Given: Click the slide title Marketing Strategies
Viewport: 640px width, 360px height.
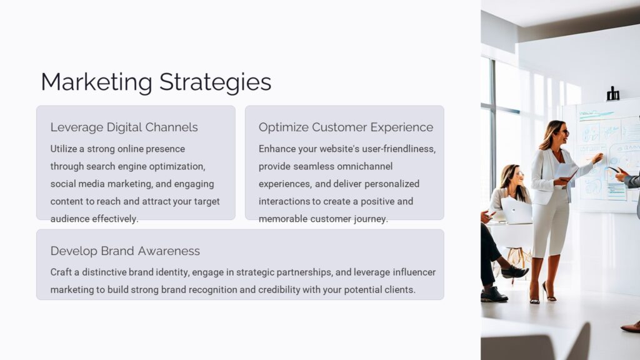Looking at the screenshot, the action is [x=156, y=82].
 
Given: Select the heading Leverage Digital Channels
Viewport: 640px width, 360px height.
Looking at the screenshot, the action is [x=124, y=127].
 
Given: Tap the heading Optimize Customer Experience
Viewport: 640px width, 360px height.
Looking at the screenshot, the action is [x=346, y=127].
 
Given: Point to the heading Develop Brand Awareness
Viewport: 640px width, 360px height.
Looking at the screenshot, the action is [x=125, y=251].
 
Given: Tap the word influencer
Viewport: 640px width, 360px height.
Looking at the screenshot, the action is [x=414, y=272].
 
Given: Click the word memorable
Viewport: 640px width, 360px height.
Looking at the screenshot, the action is [x=283, y=219].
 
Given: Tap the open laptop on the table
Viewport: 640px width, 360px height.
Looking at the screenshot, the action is [x=516, y=210].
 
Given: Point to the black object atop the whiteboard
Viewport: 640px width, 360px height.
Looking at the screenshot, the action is [x=612, y=94].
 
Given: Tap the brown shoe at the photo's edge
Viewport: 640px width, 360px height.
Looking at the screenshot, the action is [x=631, y=326].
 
